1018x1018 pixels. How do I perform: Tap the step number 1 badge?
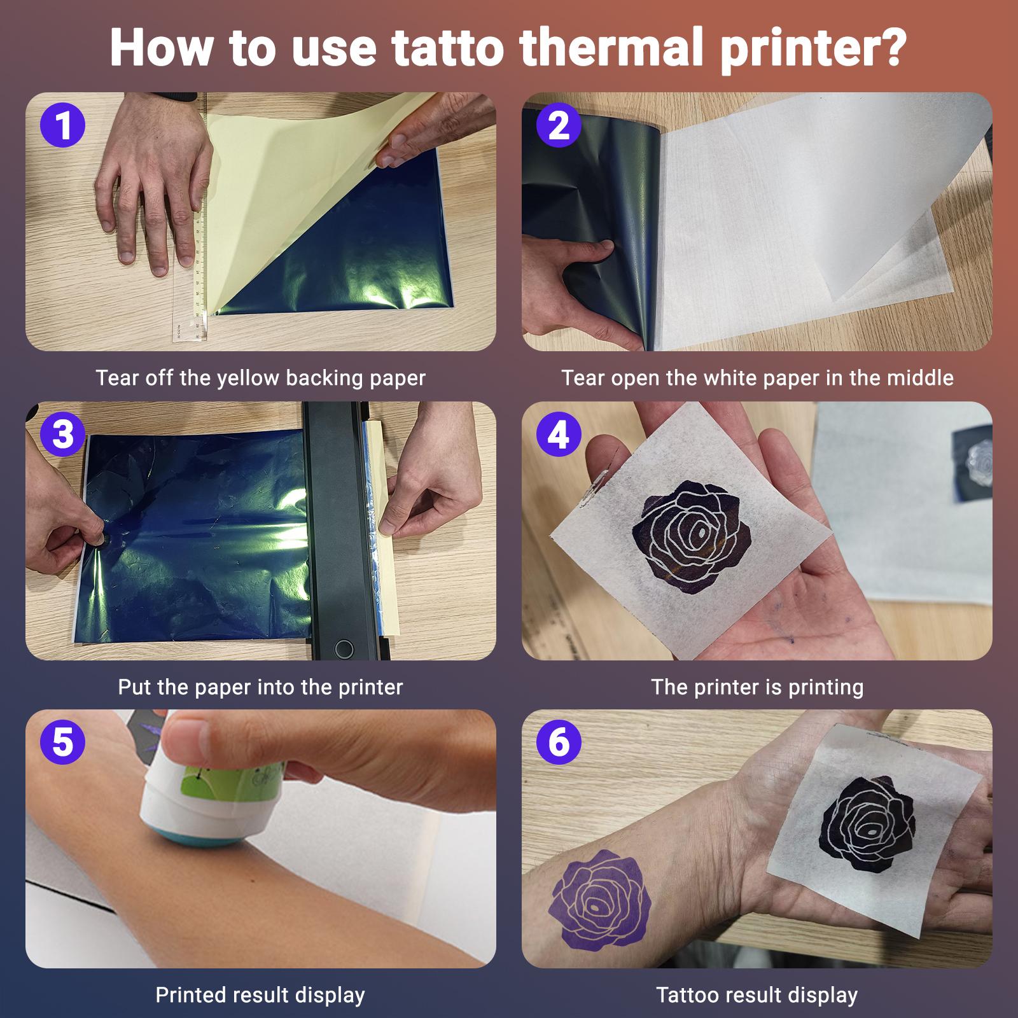pos(62,125)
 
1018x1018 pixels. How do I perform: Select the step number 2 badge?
pos(559,125)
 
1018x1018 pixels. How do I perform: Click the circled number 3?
pos(62,435)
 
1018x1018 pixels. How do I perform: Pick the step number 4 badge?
pos(559,435)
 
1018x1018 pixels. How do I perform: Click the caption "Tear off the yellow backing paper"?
pos(260,378)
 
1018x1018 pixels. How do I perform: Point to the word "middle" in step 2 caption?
pos(923,378)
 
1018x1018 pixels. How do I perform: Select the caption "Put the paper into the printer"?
pos(260,687)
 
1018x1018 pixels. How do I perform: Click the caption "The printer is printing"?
pos(757,687)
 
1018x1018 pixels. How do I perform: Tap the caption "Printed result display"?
pos(260,994)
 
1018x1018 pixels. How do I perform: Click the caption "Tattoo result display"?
pos(757,994)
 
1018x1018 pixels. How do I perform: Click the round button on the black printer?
pos(344,649)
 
